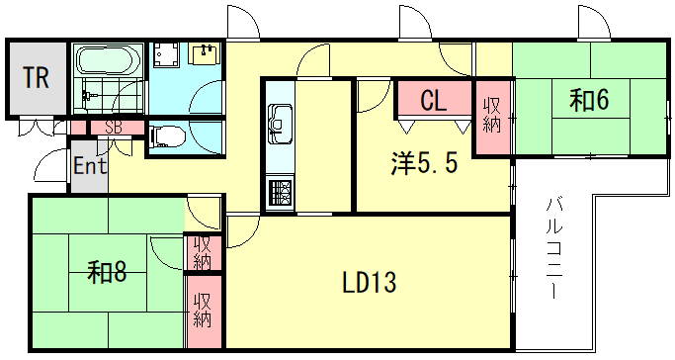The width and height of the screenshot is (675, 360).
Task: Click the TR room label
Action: click(37, 78)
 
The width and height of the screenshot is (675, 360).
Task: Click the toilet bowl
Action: click(166, 135)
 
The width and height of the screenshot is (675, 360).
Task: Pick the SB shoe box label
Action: click(113, 127)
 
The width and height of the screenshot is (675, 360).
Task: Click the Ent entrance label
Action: click(89, 165)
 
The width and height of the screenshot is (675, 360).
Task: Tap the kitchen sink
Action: click(279, 121)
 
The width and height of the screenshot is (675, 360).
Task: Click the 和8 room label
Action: click(106, 270)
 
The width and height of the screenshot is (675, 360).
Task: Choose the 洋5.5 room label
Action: click(422, 164)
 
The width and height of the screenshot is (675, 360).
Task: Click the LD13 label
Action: click(369, 284)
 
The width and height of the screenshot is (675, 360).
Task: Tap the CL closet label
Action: click(433, 100)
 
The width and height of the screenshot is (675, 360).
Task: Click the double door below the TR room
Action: click(37, 128)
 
